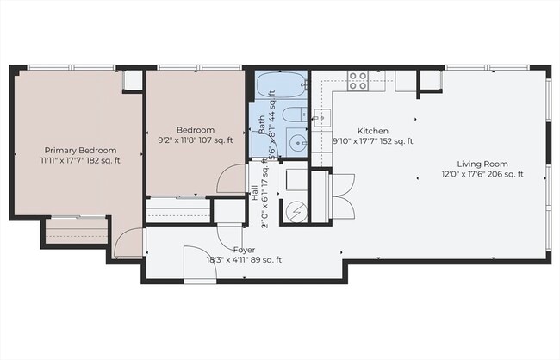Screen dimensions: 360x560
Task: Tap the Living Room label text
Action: click(482, 164)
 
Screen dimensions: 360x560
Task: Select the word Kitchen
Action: click(373, 131)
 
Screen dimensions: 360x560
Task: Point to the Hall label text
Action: click(254, 192)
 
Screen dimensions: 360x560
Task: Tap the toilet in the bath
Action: click(292, 115)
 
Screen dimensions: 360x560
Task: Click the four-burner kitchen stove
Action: click(358, 81)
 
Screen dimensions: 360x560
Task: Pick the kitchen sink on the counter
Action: click(322, 118)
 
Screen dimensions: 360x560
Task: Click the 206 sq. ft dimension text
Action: click(502, 175)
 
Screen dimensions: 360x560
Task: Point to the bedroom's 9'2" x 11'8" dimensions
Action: click(179, 140)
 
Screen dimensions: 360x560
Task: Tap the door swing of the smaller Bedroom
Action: click(232, 179)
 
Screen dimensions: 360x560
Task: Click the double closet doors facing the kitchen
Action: click(342, 196)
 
